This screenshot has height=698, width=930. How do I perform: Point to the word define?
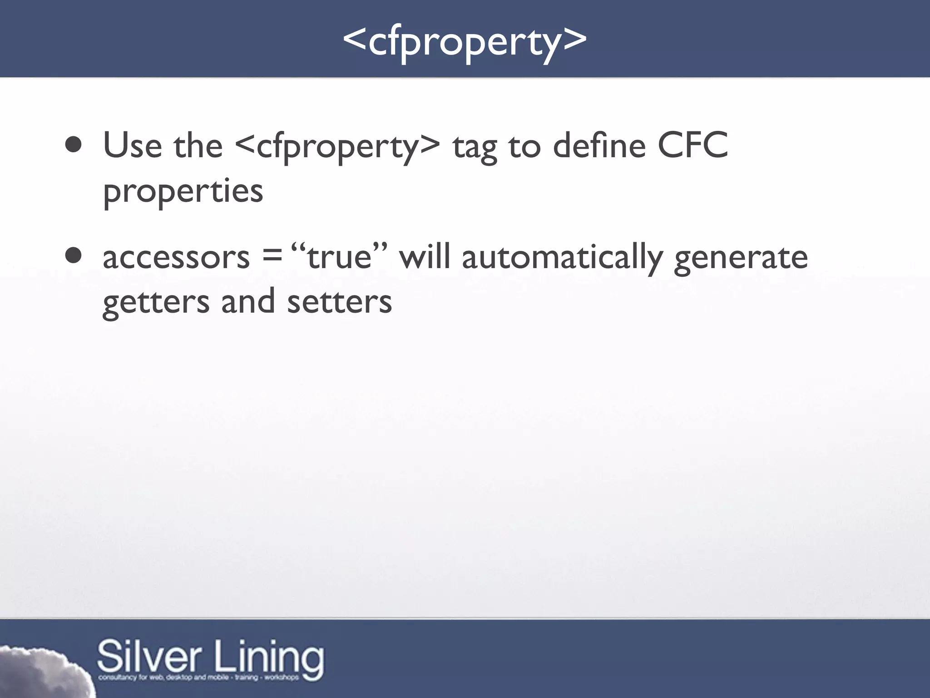599,145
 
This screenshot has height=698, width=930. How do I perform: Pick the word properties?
183,191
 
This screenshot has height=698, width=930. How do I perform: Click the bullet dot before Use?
74,145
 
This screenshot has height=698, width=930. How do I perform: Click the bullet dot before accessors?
74,256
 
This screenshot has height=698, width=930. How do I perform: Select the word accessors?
176,257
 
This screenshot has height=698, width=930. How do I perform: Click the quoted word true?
340,257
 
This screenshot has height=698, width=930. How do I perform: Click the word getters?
156,302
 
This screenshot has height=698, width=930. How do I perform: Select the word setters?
339,302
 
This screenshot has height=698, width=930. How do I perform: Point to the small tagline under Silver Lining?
198,678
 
